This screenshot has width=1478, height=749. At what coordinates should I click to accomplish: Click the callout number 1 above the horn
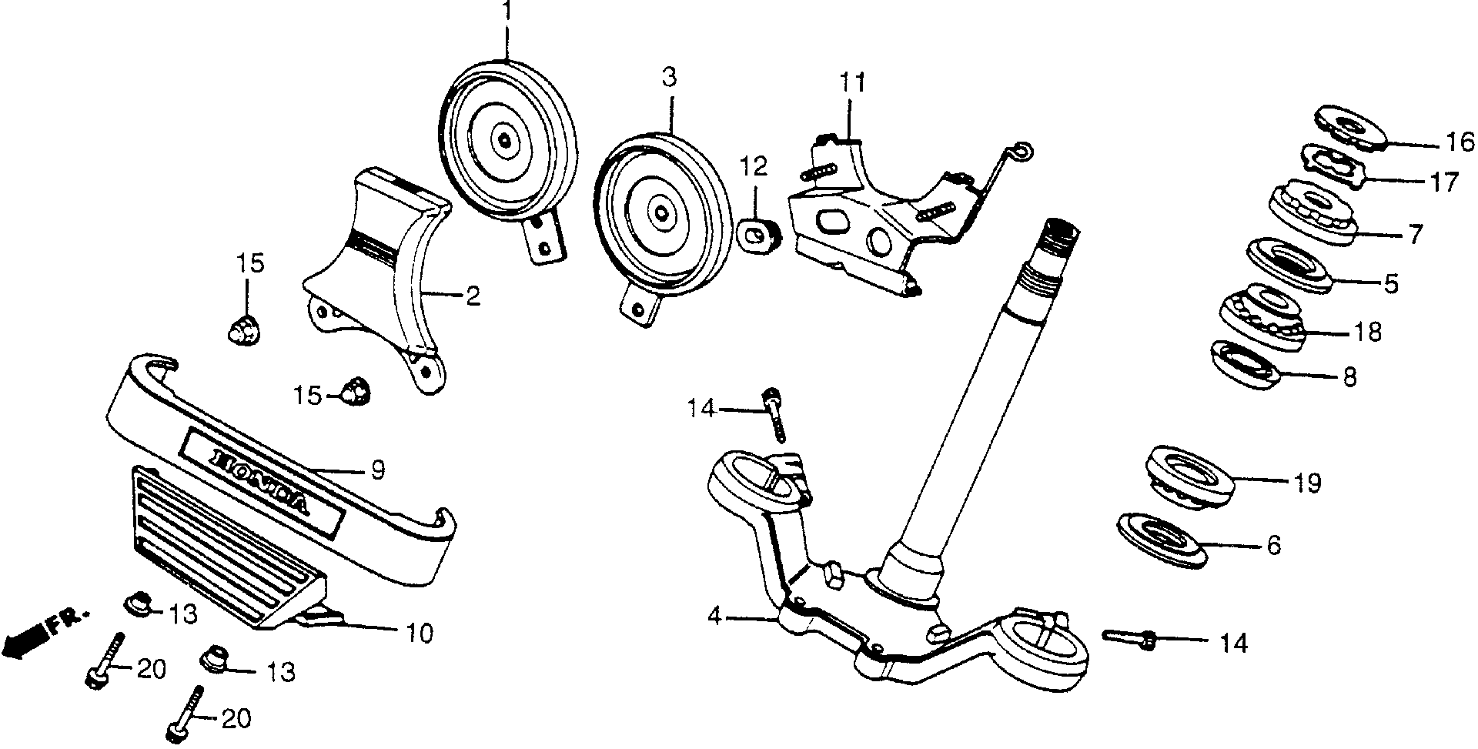(506, 13)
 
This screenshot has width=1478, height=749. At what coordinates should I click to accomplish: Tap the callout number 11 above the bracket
(852, 82)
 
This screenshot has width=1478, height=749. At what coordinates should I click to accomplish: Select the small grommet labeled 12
(757, 233)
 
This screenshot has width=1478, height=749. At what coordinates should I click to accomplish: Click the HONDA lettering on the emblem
(262, 479)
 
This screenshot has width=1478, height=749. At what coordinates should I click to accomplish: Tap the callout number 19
(1307, 483)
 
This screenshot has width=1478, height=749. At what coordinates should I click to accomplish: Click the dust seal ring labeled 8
(1246, 364)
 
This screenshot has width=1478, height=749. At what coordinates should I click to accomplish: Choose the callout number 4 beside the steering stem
(716, 617)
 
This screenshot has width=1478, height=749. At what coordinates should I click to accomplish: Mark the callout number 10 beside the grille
(419, 633)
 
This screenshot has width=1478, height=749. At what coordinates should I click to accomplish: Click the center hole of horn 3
(661, 212)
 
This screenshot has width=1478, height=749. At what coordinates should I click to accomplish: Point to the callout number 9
(377, 470)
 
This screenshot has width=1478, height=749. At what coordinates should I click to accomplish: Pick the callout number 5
(1389, 283)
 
